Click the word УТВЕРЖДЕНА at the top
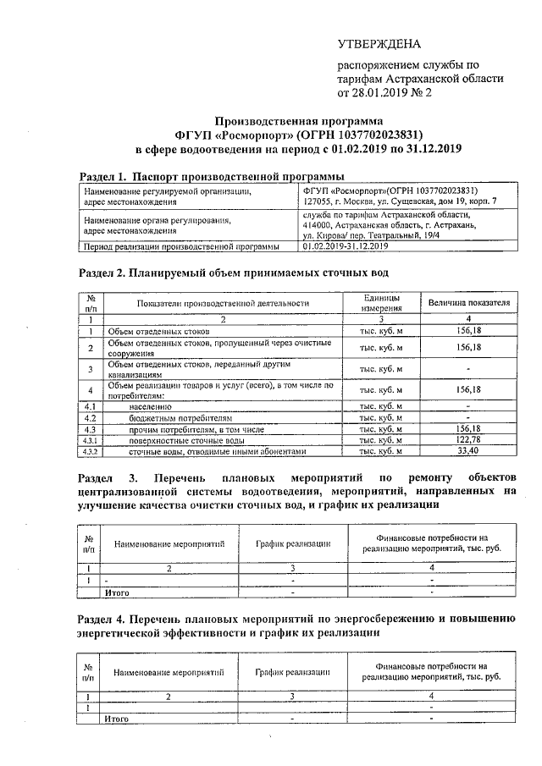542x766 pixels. click(x=379, y=44)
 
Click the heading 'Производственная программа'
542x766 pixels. click(x=292, y=121)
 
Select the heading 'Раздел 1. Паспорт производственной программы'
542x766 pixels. click(x=198, y=176)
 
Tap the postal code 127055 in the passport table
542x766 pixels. click(x=318, y=203)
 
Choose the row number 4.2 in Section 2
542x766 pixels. click(x=90, y=418)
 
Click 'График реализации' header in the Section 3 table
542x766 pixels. click(x=292, y=544)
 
